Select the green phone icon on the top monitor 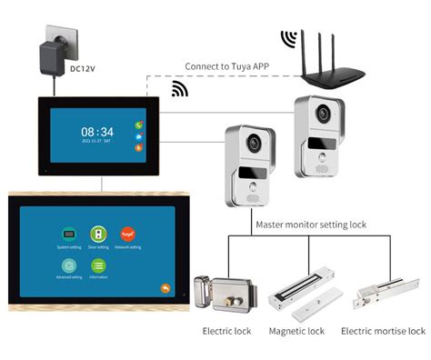[139, 125]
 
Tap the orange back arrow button [165, 288]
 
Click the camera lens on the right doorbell [321, 113]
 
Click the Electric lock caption [226, 331]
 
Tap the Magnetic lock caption [296, 331]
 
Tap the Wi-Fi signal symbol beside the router [288, 40]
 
